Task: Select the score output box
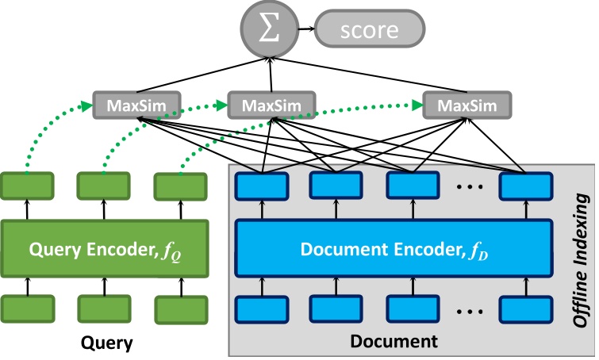pyautogui.click(x=368, y=31)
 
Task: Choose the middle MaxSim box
pyautogui.click(x=271, y=105)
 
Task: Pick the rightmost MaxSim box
pyautogui.click(x=467, y=105)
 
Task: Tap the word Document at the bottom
pyautogui.click(x=394, y=343)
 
